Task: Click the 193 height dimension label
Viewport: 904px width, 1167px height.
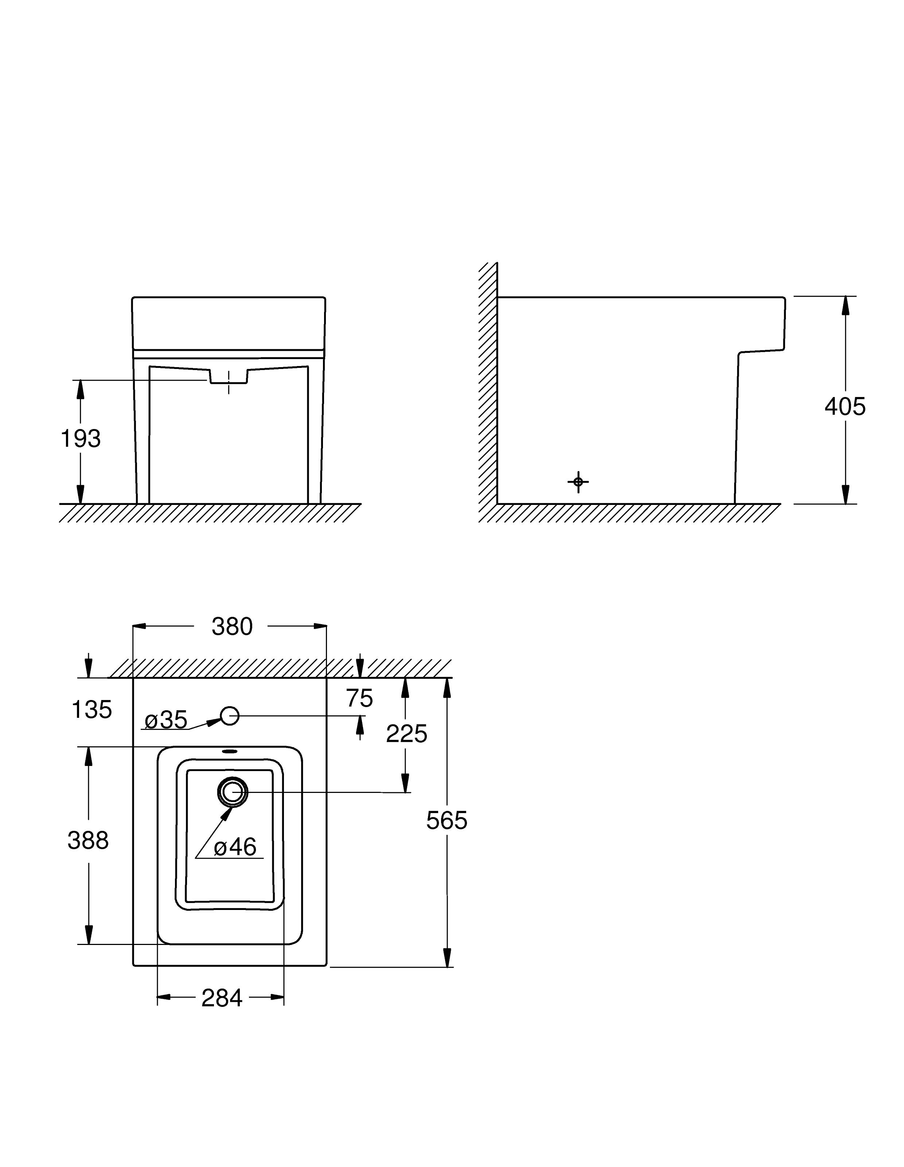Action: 81,439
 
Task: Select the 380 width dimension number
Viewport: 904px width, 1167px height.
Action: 232,627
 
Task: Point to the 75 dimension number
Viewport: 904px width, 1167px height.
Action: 359,699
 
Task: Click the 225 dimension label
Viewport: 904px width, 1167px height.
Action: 406,734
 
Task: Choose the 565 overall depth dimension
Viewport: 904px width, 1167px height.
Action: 447,821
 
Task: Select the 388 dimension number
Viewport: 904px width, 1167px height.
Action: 88,840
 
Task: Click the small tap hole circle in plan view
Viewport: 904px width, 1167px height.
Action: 230,716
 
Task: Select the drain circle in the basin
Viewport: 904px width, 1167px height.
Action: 233,792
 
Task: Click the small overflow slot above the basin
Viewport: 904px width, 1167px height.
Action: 230,751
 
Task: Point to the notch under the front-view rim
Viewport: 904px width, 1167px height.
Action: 229,376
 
